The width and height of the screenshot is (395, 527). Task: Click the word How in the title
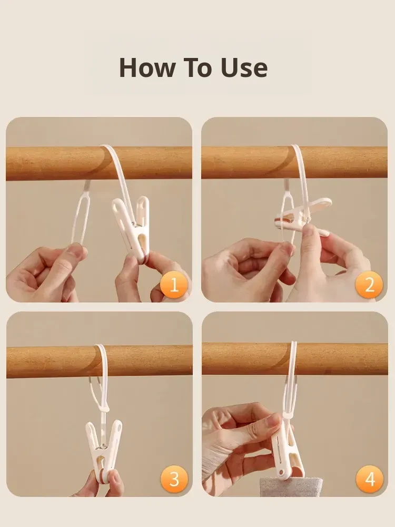[147, 68]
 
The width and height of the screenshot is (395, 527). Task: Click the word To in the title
[197, 68]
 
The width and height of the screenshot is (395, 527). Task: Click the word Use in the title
[244, 68]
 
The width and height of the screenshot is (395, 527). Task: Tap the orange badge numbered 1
[174, 285]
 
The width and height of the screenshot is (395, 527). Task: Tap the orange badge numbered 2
[369, 285]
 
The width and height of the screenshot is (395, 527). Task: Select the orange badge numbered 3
[174, 479]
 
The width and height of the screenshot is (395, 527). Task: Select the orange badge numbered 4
[370, 479]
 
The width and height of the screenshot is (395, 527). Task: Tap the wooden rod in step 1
[54, 163]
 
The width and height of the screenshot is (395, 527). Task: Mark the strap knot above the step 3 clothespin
[104, 409]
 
